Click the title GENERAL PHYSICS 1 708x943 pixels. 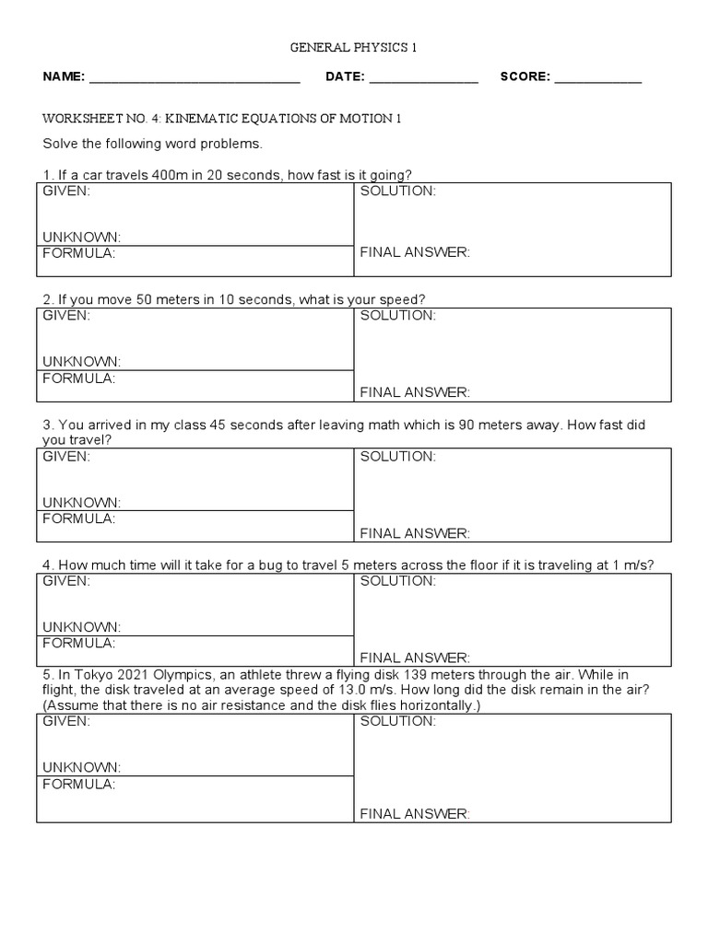pyautogui.click(x=354, y=48)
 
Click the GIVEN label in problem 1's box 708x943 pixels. pyautogui.click(x=66, y=191)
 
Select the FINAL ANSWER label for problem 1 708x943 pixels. pyautogui.click(x=415, y=252)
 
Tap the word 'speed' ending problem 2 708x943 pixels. pyautogui.click(x=403, y=299)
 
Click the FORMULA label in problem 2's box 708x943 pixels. pyautogui.click(x=79, y=378)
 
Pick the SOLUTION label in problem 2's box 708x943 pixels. pyautogui.click(x=397, y=315)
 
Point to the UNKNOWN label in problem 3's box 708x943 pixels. pyautogui.click(x=81, y=502)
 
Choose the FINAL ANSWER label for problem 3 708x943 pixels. pyautogui.click(x=415, y=532)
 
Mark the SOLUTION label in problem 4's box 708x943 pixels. pyautogui.click(x=397, y=580)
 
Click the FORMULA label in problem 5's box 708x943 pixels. pyautogui.click(x=79, y=784)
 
